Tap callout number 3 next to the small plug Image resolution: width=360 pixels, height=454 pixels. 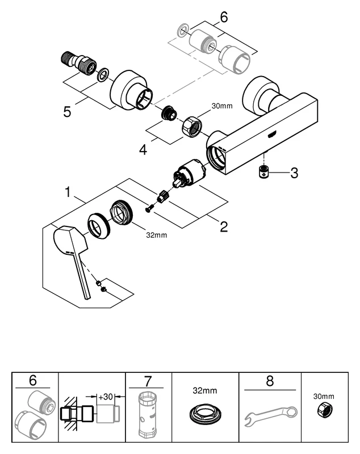(x=294, y=173)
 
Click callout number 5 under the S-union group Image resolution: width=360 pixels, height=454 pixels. (x=68, y=111)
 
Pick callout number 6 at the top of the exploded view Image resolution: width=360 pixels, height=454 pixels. (x=223, y=18)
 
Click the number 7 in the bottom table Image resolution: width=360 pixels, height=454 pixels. (x=149, y=381)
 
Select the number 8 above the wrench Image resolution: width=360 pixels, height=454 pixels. (x=270, y=381)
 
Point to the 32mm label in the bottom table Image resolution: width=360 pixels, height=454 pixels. (x=205, y=391)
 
